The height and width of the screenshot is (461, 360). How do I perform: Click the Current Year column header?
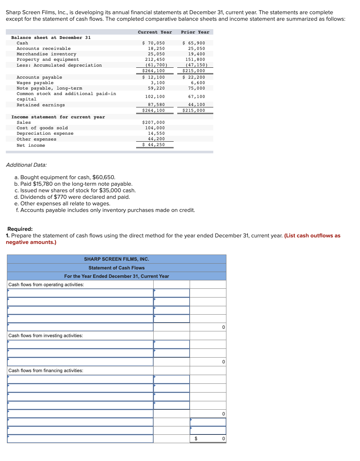coord(155,32)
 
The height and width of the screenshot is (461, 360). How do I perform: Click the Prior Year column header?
coord(195,32)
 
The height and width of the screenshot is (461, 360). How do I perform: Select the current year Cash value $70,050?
coord(154,43)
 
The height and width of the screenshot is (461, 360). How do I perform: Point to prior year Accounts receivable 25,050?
coord(196,48)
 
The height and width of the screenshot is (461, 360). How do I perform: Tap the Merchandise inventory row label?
coord(46,54)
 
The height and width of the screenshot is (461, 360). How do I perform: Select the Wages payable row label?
coord(35,83)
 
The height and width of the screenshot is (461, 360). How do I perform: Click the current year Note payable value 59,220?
coord(156,88)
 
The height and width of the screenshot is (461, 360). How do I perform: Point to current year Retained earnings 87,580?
coord(156,105)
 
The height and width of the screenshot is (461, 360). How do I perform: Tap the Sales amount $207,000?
coord(154,122)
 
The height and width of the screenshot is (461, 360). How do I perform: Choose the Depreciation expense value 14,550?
coord(156,133)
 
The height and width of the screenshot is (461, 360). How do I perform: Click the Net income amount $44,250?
coord(154,145)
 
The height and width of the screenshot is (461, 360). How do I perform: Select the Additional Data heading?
coord(26,165)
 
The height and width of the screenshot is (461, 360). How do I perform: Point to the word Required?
coord(20,229)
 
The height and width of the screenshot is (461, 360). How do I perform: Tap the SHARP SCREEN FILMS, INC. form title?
coord(116,259)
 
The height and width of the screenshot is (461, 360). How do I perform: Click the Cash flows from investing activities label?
coord(46,335)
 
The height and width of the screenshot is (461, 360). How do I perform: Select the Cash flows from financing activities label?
coord(46,370)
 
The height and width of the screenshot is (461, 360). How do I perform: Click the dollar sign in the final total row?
coord(196,438)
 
